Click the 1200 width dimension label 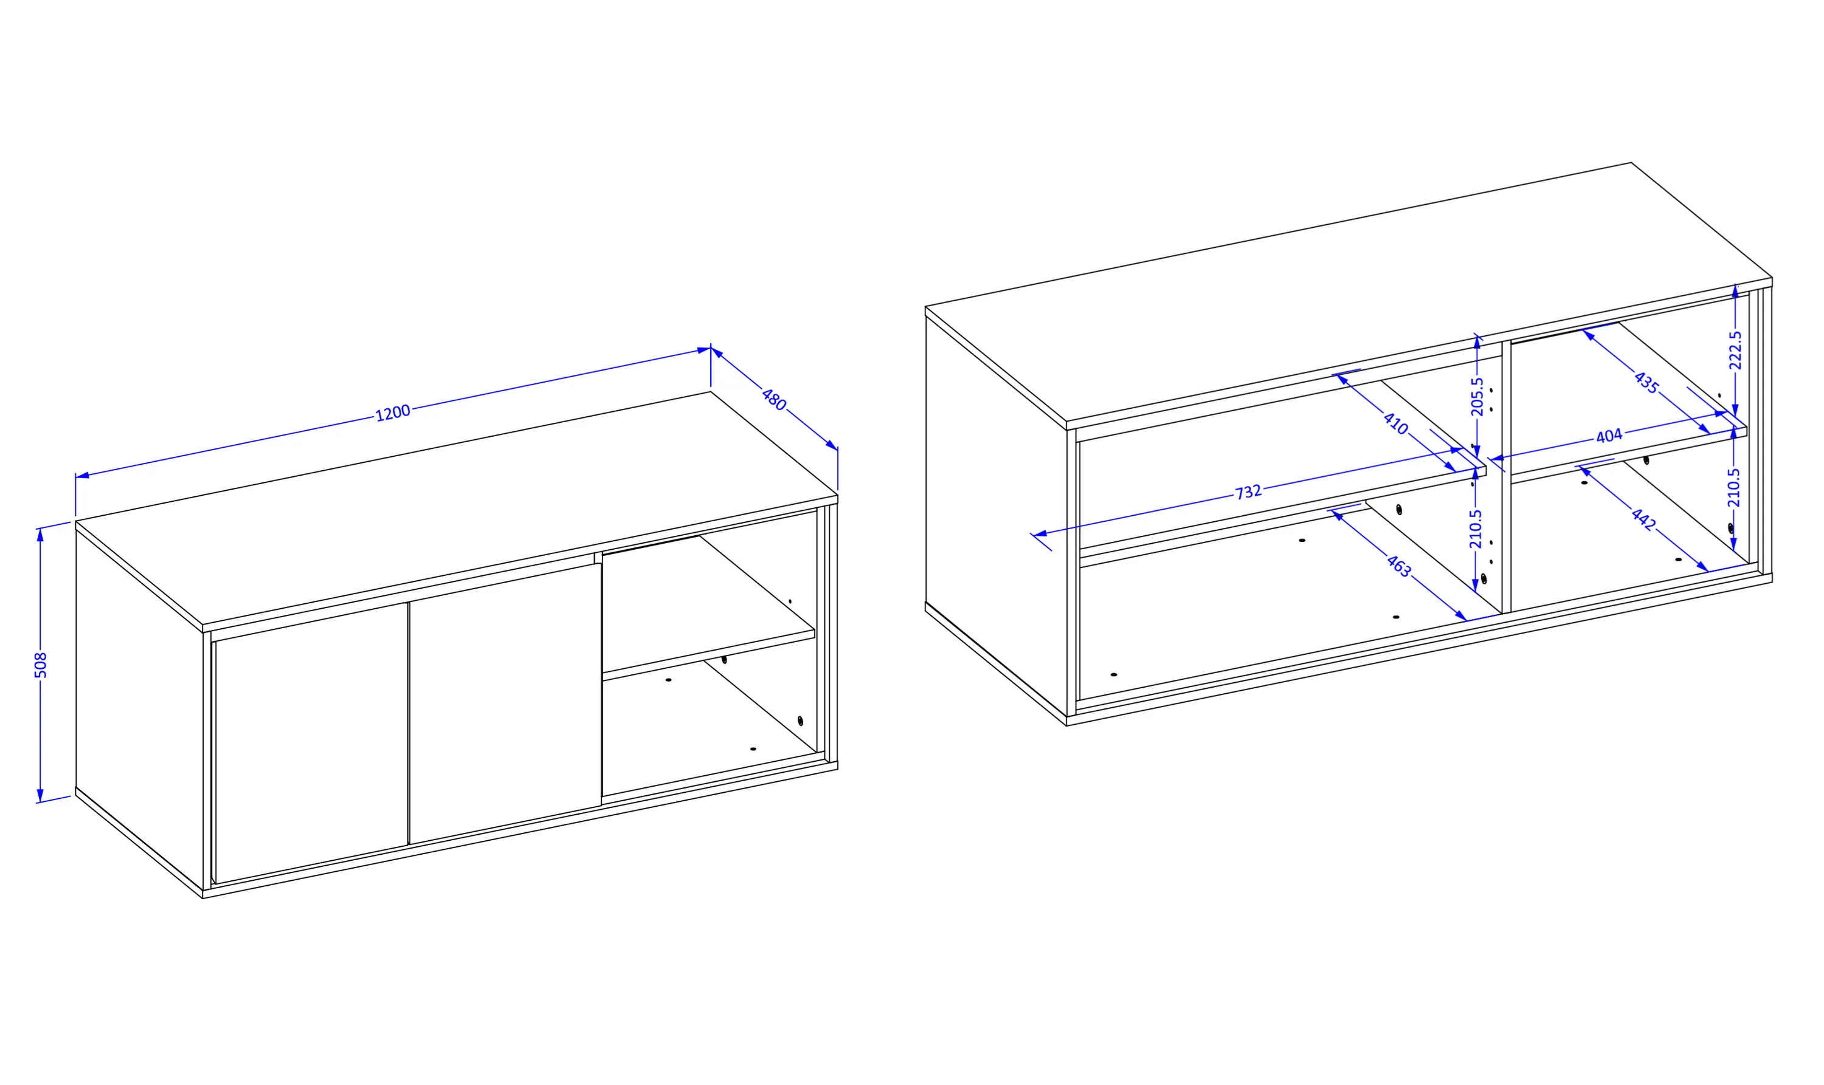click(x=392, y=413)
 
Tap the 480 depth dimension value click(x=773, y=400)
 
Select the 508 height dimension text click(x=41, y=665)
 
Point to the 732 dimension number click(x=1248, y=492)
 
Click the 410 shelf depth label click(x=1395, y=423)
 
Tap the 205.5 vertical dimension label click(x=1477, y=396)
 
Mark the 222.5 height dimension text click(x=1735, y=350)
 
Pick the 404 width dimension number click(x=1609, y=436)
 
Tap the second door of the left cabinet click(x=505, y=703)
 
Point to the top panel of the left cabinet click(x=457, y=509)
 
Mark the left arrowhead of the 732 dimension click(x=1040, y=534)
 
